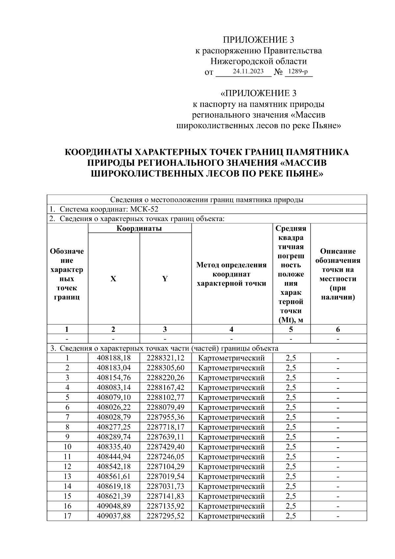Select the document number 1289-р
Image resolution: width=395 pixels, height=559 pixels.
298,71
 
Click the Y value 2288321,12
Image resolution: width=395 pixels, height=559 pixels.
166,358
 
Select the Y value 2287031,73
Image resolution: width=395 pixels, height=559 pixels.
166,486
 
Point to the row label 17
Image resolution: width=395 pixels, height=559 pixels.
67,516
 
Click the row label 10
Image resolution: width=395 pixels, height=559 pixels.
67,447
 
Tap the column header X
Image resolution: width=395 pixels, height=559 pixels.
113,279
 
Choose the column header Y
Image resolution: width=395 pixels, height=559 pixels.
165,279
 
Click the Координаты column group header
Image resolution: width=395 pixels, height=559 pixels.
139,228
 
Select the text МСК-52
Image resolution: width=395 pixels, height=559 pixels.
145,209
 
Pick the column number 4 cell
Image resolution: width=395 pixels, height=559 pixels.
232,329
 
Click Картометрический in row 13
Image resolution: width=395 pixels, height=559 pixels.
232,476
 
